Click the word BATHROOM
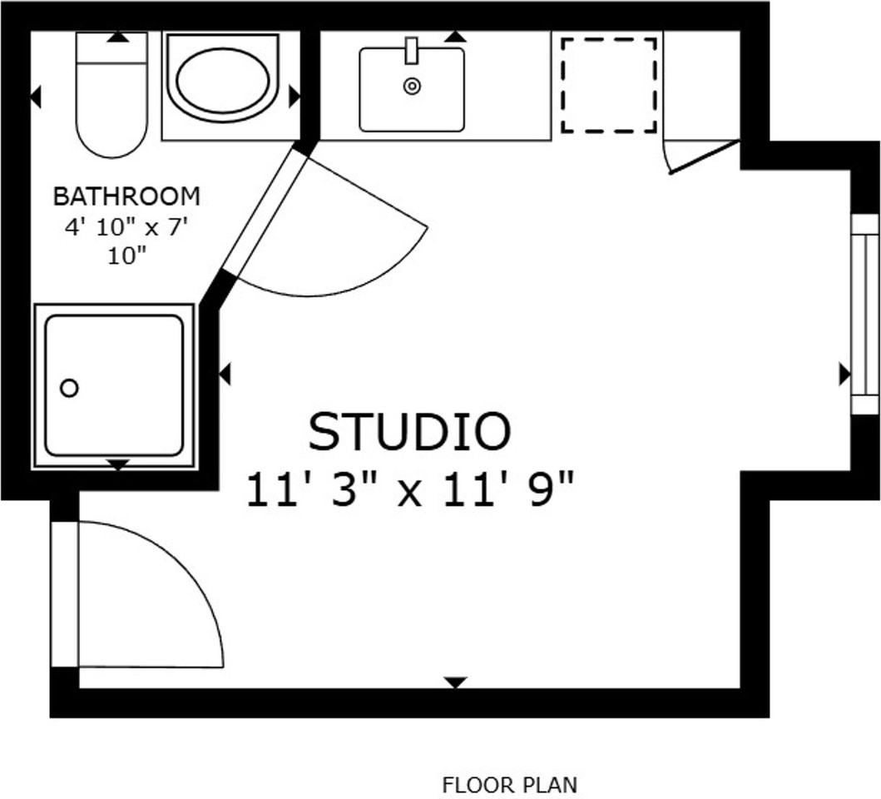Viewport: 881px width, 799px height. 126,196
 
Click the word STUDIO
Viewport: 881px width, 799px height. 409,432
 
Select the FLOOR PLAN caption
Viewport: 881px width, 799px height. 509,784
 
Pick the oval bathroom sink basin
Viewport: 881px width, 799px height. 223,80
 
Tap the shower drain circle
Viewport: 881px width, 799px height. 70,388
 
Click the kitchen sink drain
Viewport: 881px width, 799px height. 412,85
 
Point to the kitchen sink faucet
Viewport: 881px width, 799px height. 411,50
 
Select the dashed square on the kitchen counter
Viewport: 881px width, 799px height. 609,84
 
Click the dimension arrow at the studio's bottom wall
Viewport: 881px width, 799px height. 454,682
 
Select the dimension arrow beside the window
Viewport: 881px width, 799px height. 844,375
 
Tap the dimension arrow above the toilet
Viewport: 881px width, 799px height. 117,37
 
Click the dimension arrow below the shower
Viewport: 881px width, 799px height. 118,464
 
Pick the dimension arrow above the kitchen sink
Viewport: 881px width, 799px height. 454,37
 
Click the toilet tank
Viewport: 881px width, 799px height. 111,50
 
